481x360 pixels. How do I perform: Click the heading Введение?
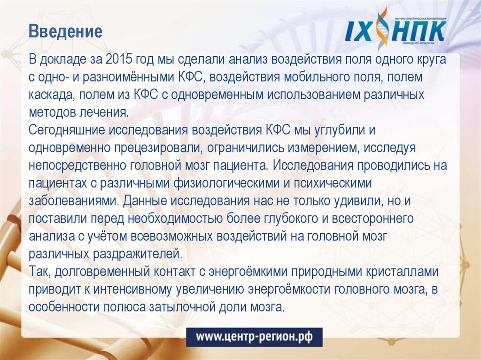65,32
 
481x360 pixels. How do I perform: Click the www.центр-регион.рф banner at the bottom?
253,337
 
